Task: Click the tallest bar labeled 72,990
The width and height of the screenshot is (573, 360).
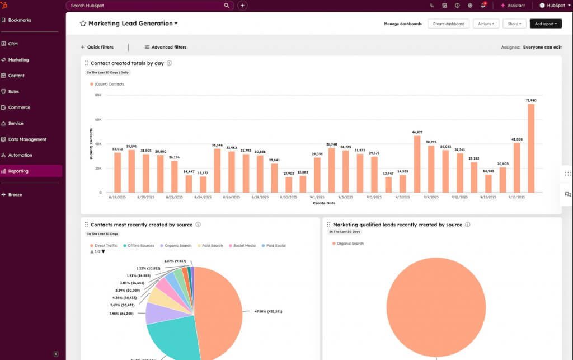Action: [530, 148]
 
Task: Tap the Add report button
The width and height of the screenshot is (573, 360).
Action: [546, 24]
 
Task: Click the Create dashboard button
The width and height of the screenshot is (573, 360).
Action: [448, 24]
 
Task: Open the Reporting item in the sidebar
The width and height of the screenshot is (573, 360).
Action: [18, 171]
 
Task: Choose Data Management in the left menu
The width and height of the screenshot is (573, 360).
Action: [27, 139]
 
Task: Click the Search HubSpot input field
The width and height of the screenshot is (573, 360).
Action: [145, 6]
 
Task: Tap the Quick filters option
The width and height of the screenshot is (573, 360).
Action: [100, 48]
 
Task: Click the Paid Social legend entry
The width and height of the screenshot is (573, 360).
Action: [275, 246]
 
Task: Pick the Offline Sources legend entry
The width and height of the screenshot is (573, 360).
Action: [140, 246]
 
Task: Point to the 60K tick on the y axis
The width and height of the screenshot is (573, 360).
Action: [98, 120]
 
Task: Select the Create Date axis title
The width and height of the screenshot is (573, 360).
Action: [324, 203]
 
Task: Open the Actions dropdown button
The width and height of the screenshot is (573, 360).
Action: [486, 24]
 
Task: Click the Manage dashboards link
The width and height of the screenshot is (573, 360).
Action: [403, 24]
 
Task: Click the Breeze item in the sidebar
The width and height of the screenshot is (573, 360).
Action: [15, 195]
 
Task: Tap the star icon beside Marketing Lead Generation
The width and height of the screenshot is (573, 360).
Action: [83, 24]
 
